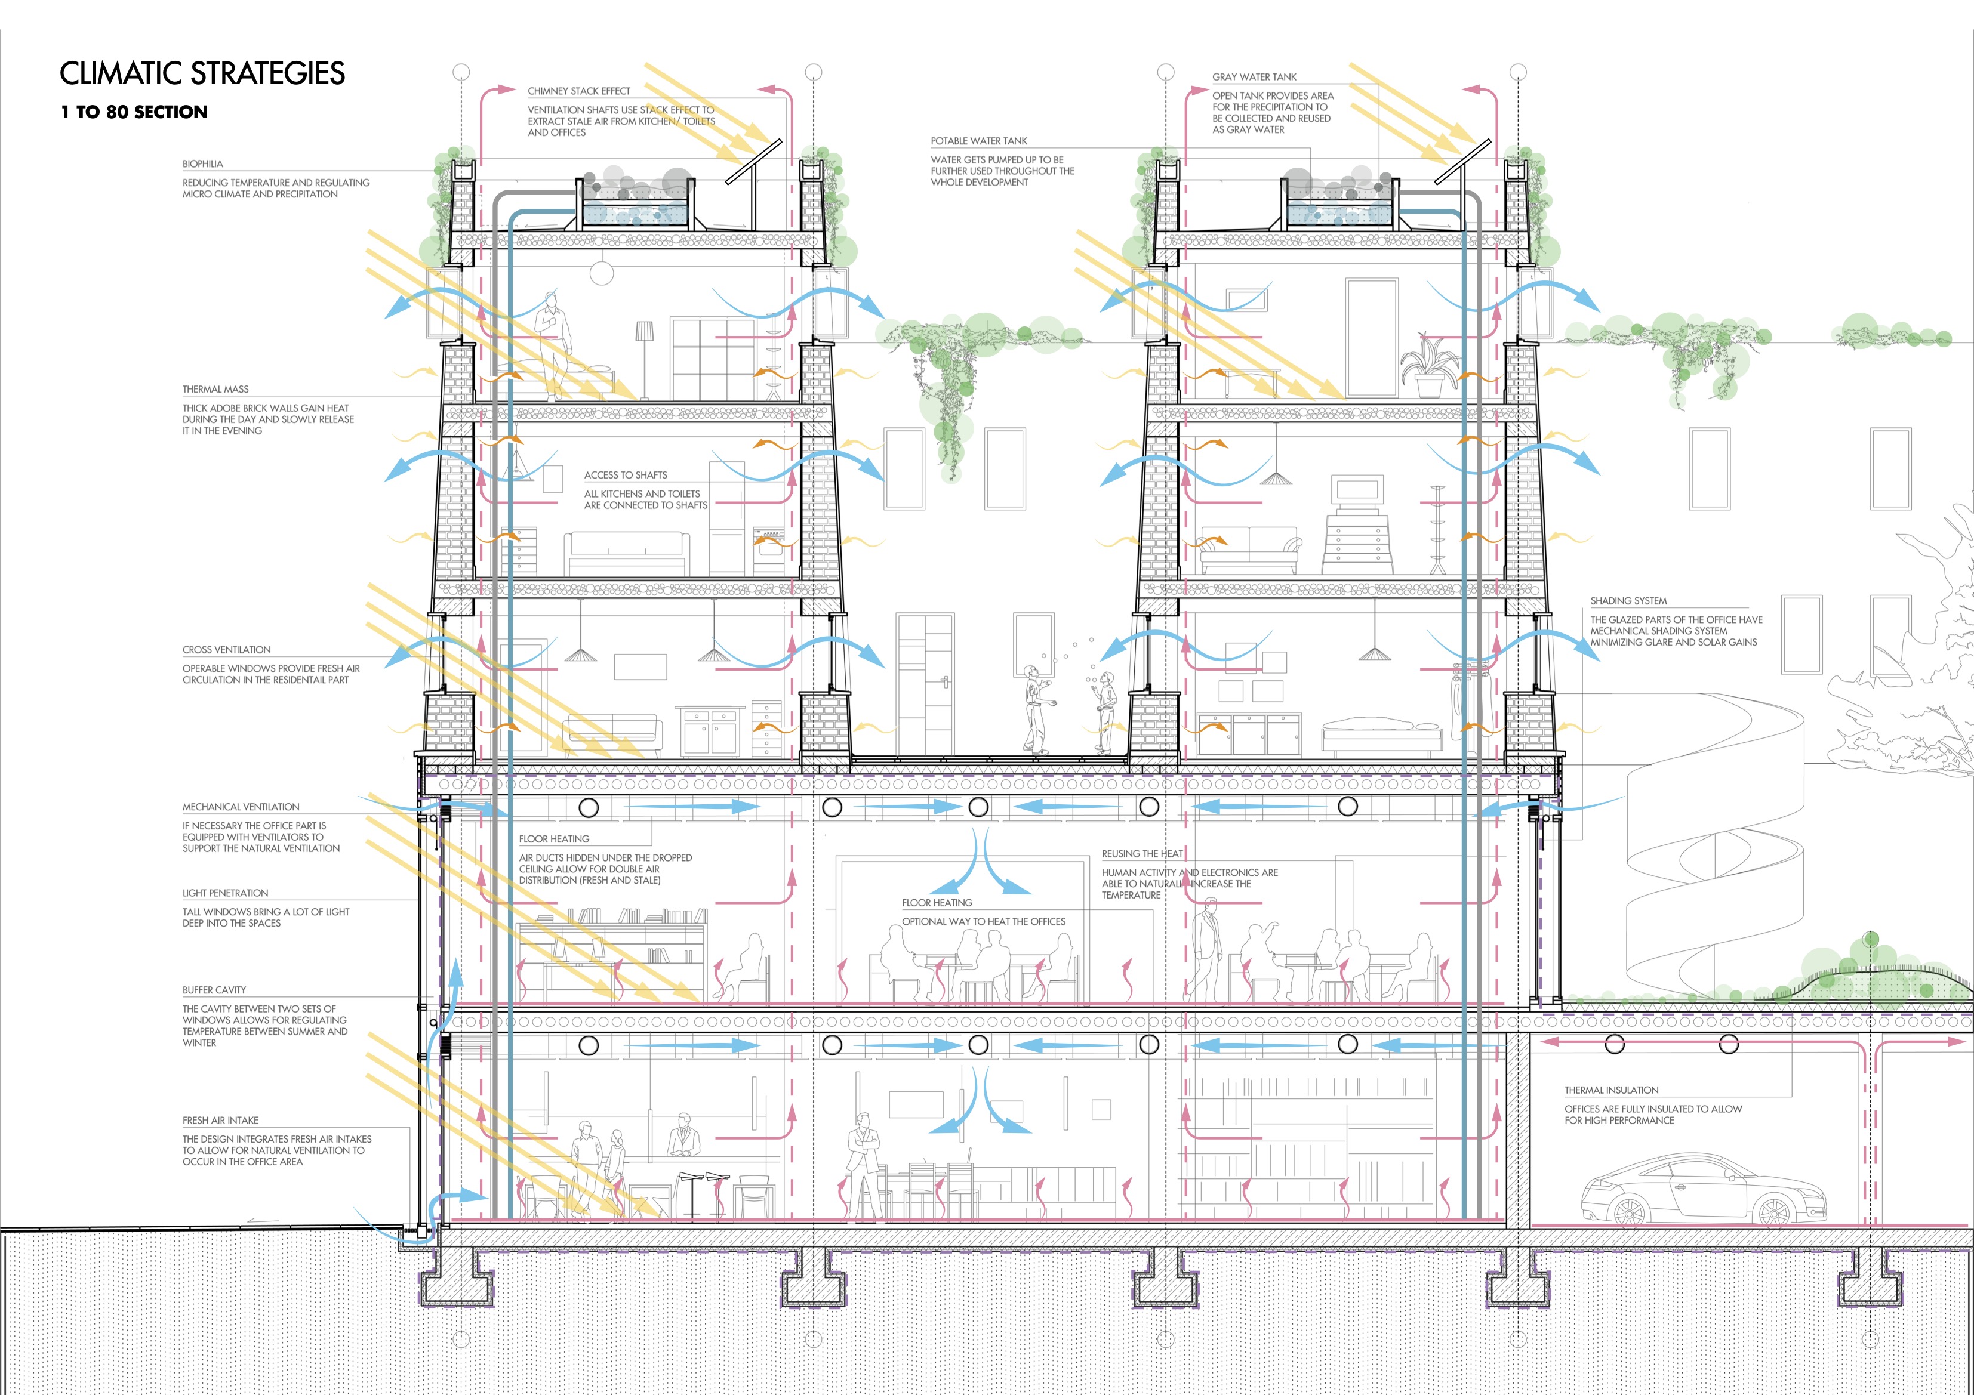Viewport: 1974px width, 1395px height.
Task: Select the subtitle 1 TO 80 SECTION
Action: [x=134, y=112]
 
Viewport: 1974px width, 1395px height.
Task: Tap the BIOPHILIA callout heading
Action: [x=203, y=164]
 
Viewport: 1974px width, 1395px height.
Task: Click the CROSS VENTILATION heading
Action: [x=226, y=650]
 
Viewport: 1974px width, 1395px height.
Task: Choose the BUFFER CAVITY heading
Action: [x=214, y=990]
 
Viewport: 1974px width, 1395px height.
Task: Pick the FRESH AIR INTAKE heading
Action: [x=220, y=1121]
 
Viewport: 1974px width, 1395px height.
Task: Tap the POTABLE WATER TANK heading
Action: [x=978, y=141]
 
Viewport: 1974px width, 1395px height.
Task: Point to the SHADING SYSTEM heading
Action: [x=1628, y=601]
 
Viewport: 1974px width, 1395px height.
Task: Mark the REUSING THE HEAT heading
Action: [x=1142, y=853]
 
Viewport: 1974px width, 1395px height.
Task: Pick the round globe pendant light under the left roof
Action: [x=601, y=273]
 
